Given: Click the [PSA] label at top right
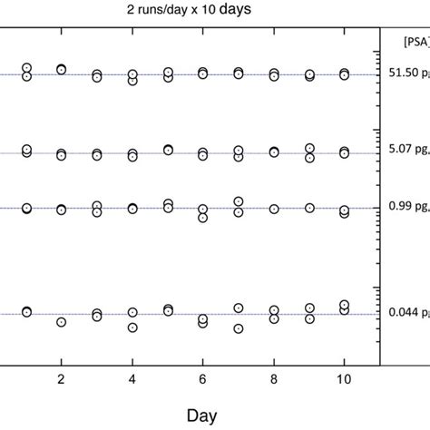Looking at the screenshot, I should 400,41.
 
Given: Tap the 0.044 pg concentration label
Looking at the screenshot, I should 405,314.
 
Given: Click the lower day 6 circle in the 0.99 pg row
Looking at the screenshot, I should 203,218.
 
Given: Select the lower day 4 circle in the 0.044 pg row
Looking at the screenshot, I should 132,327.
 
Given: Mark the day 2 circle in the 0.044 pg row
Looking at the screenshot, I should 61,322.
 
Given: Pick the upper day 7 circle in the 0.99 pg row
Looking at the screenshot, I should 239,201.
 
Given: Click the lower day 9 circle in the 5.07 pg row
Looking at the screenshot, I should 309,158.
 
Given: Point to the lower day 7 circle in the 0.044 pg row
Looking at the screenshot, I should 239,329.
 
